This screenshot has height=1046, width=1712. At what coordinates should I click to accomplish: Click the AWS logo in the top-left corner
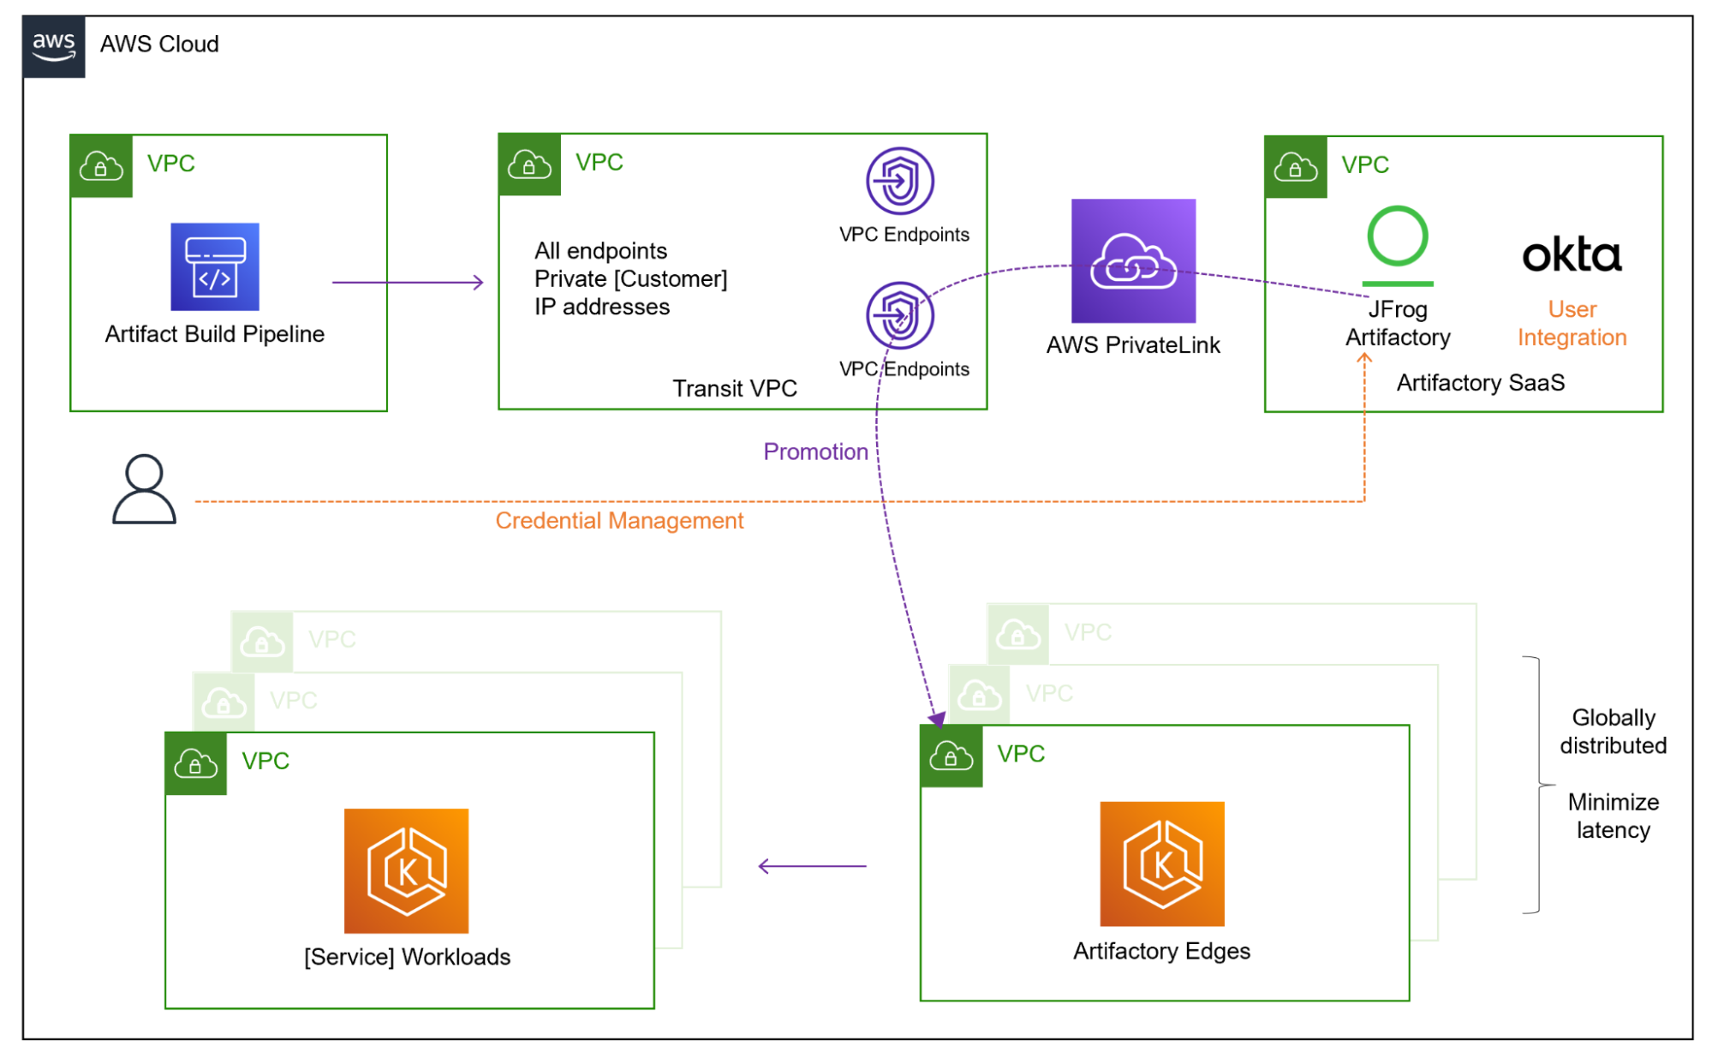click(53, 46)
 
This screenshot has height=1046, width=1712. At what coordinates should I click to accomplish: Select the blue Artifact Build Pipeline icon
click(215, 266)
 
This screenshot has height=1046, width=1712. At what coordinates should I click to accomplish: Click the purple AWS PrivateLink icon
click(1133, 260)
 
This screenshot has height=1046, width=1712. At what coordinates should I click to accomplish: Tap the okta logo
click(1572, 255)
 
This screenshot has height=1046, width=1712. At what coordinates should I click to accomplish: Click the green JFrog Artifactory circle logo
click(1398, 237)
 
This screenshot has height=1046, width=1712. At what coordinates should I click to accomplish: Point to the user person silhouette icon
click(144, 489)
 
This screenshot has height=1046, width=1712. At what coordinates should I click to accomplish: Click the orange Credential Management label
click(619, 521)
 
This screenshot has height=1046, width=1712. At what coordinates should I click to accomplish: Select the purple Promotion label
click(815, 451)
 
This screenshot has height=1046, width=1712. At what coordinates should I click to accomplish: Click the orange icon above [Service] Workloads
click(406, 870)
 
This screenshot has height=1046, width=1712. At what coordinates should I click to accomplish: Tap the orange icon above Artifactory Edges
click(1161, 864)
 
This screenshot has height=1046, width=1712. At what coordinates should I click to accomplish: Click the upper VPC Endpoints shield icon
click(899, 181)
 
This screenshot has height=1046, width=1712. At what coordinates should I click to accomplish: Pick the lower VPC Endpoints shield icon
click(899, 315)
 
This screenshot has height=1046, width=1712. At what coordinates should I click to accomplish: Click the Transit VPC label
click(734, 389)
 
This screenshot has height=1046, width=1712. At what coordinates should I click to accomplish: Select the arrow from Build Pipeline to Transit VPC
click(408, 282)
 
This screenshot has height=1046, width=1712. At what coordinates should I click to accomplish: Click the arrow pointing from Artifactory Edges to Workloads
click(812, 866)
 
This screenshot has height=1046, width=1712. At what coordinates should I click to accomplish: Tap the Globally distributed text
click(1613, 732)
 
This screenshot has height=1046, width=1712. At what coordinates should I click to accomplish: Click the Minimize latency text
click(1613, 816)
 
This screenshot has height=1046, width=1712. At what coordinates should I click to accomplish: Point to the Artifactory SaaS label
click(1480, 383)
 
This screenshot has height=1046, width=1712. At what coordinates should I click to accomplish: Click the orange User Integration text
click(1572, 324)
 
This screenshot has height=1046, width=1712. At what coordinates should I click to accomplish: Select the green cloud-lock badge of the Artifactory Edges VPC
click(951, 756)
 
